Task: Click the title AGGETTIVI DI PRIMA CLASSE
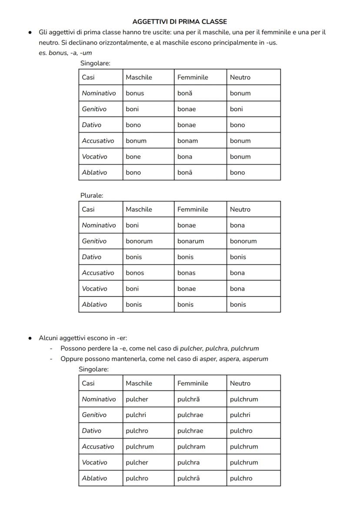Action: [180, 21]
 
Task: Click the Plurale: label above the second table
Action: [92, 196]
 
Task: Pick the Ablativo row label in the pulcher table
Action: [94, 478]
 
